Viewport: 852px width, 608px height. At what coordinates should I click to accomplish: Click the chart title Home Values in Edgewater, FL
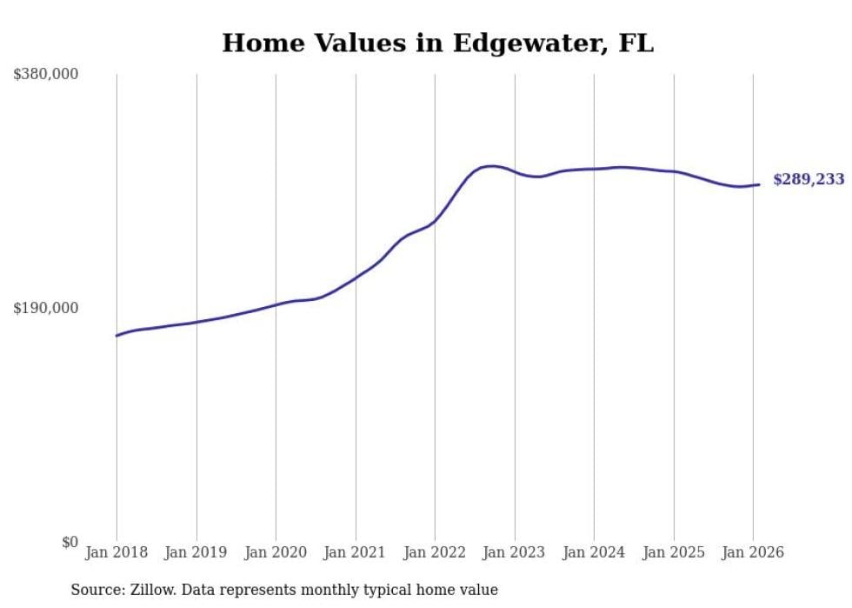(437, 43)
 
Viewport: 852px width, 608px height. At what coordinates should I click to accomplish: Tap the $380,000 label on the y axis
(46, 75)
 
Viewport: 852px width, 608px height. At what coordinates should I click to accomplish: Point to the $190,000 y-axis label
(46, 308)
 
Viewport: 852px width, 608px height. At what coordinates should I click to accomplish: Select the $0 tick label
(70, 542)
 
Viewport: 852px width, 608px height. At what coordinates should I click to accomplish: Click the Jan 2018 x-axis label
(116, 552)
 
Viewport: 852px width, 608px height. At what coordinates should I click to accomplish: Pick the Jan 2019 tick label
(196, 552)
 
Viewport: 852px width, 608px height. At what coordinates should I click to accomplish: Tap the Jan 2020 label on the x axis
(276, 552)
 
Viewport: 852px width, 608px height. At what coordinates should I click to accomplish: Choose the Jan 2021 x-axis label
(356, 552)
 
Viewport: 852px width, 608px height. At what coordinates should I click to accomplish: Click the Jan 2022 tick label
(435, 552)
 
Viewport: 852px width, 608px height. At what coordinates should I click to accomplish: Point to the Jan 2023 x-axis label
(515, 552)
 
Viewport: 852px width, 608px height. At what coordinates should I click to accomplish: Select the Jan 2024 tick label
(594, 552)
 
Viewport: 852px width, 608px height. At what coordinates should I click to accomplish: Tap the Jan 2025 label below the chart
(674, 552)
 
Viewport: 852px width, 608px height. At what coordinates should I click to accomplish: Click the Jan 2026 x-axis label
(753, 552)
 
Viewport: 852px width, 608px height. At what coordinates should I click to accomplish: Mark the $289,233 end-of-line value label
(809, 180)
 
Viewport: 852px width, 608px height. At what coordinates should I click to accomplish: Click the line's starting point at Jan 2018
(117, 335)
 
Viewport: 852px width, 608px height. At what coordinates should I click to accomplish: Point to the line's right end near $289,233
(759, 184)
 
